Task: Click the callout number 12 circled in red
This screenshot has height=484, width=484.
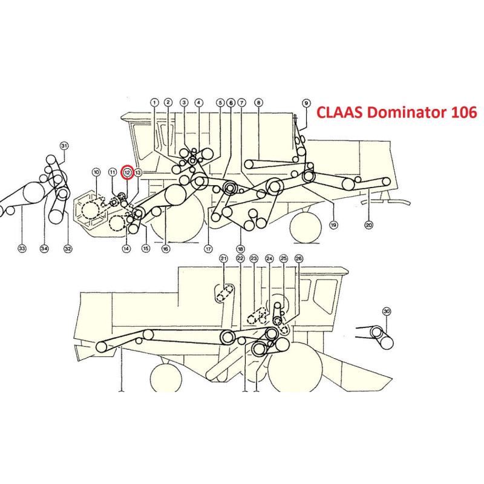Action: (127, 172)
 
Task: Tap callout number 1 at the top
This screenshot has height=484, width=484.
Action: (154, 102)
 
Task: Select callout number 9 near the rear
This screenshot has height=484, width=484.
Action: (306, 103)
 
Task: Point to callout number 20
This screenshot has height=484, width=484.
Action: (369, 225)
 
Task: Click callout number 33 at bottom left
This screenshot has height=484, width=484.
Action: (22, 248)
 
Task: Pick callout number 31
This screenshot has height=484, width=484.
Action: (64, 146)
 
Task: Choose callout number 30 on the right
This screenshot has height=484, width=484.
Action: (387, 312)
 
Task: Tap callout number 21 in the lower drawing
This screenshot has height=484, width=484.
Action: (223, 258)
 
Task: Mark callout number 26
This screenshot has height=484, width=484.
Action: (298, 258)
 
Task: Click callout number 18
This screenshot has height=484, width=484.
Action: (240, 249)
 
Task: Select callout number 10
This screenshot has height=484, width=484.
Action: (96, 172)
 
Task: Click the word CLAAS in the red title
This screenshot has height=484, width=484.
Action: (340, 113)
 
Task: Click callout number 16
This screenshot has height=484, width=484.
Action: (166, 249)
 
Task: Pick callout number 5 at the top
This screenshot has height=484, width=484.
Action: (220, 103)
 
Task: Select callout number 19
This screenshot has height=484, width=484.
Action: (333, 225)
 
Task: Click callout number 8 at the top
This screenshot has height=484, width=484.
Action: (259, 103)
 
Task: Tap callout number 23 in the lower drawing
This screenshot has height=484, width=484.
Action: (253, 258)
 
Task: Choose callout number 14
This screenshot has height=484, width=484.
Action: (126, 248)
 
